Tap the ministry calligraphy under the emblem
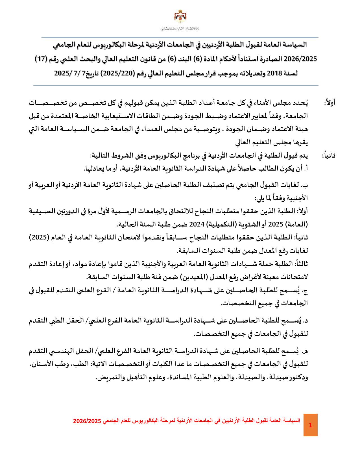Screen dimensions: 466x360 click(x=180, y=29)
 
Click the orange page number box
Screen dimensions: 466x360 click(x=311, y=425)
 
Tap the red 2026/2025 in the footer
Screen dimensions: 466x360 click(x=87, y=421)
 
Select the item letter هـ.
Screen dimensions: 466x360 click(x=304, y=352)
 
